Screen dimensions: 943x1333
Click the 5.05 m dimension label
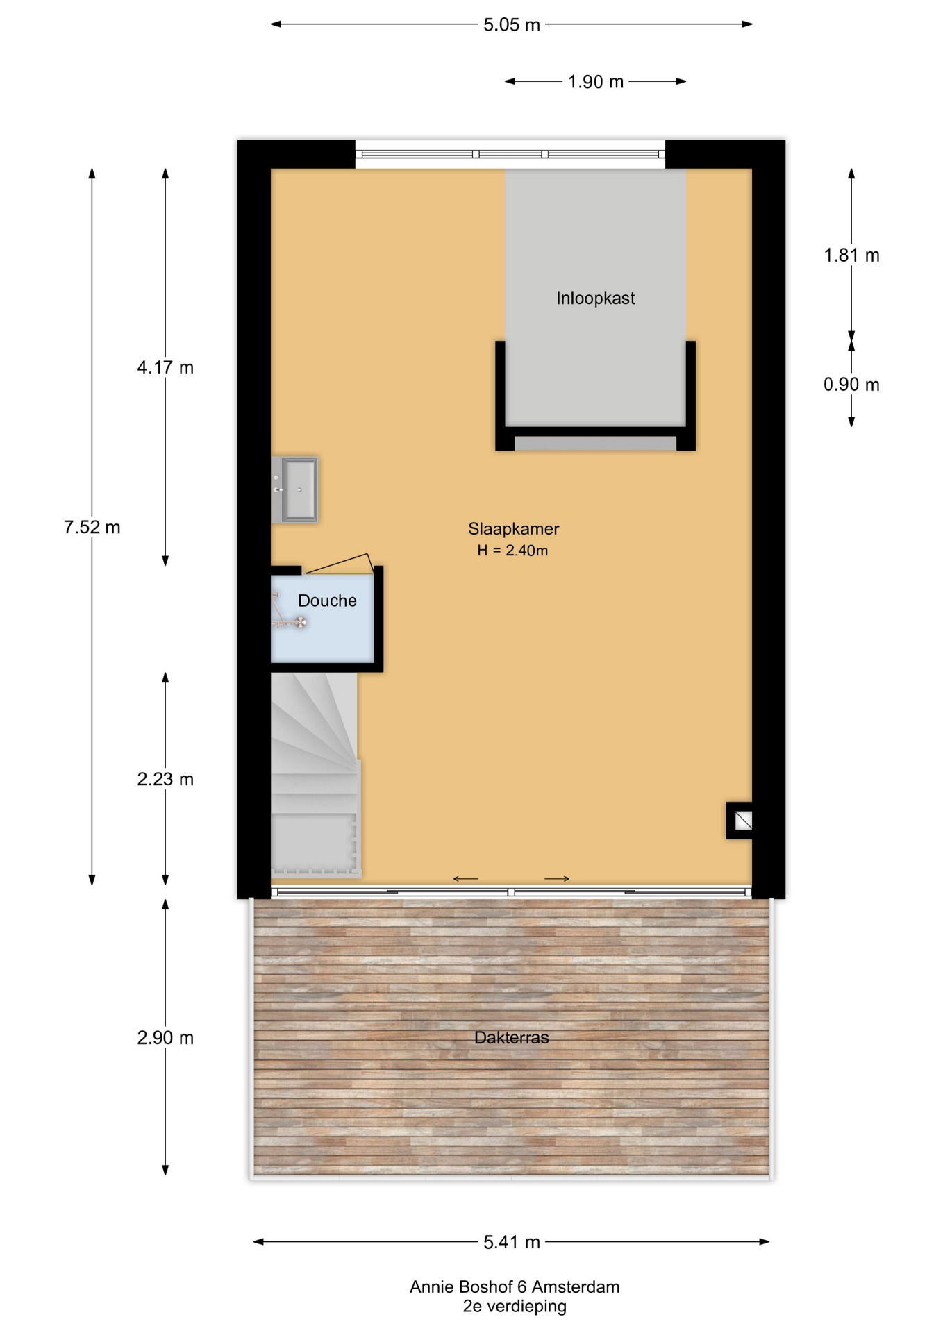tap(511, 25)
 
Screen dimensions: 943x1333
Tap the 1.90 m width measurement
tap(595, 82)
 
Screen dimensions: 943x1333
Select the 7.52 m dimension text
tap(92, 527)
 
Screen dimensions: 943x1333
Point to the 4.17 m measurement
tap(165, 367)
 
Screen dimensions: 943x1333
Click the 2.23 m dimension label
tap(165, 779)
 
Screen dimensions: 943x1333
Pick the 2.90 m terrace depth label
tap(165, 1038)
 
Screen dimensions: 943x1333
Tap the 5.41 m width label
tap(511, 1242)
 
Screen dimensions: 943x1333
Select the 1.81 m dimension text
tap(851, 255)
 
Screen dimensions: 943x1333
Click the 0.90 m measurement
tap(851, 385)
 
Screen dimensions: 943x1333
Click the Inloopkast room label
tap(595, 299)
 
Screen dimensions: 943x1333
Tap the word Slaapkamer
tap(513, 528)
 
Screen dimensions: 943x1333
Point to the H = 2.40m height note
tap(512, 551)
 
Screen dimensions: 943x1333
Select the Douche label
tap(327, 601)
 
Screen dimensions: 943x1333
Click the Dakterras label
tap(511, 1038)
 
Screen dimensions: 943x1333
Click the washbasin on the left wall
tap(294, 489)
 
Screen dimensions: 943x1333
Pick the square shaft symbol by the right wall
tap(740, 821)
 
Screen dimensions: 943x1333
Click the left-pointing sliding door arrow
tap(465, 879)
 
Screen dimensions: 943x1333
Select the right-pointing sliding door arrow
tap(557, 879)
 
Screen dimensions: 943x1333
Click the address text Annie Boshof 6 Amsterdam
tap(515, 1287)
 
